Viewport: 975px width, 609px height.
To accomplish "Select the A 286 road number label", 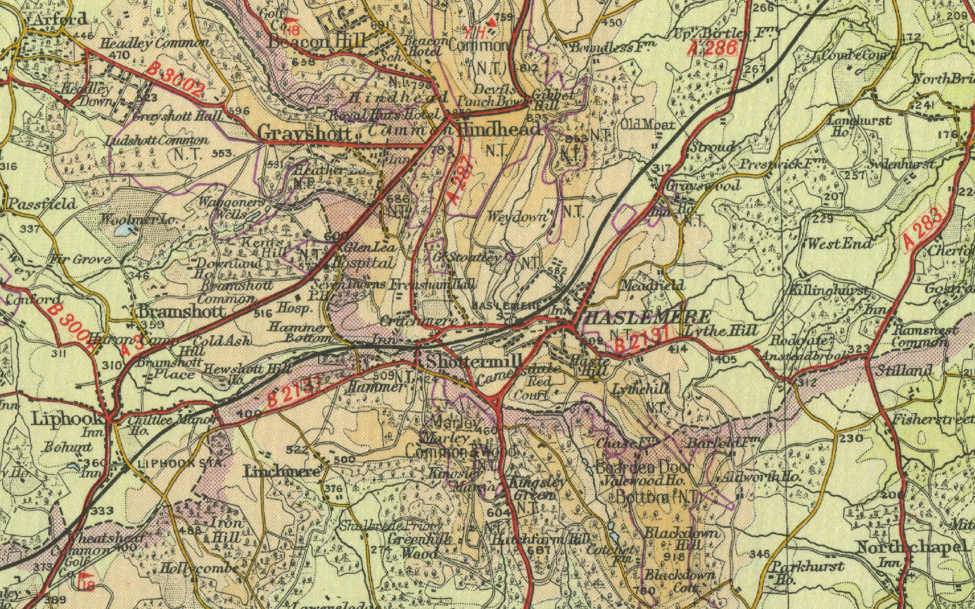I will [714, 49].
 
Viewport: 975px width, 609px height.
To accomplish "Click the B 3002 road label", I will [177, 80].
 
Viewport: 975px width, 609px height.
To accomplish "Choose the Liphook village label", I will [67, 418].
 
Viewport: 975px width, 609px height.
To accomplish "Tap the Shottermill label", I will [474, 361].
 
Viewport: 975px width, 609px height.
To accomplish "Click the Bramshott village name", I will [181, 311].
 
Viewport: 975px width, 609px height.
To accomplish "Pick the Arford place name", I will [60, 19].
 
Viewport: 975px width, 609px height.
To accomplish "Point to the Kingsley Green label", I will [531, 488].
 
